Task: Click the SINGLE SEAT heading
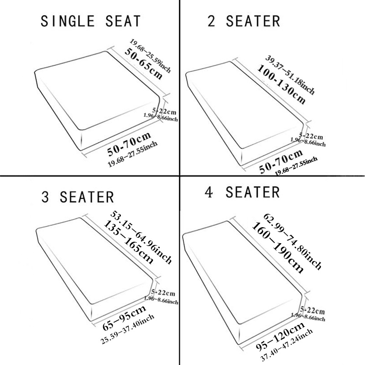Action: pyautogui.click(x=90, y=21)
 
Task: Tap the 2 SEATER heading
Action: pyautogui.click(x=244, y=21)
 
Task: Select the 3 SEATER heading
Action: pyautogui.click(x=78, y=197)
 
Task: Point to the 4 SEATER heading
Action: pyautogui.click(x=242, y=192)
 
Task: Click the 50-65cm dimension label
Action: pyautogui.click(x=143, y=64)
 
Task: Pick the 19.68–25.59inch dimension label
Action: pyautogui.click(x=151, y=56)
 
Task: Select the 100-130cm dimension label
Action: pyautogui.click(x=281, y=84)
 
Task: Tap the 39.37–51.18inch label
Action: pyautogui.click(x=290, y=74)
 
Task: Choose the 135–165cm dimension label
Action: pyautogui.click(x=129, y=242)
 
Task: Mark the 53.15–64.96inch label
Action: pyautogui.click(x=141, y=237)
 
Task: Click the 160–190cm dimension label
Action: pyautogui.click(x=277, y=247)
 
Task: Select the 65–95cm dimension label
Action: pyautogui.click(x=124, y=318)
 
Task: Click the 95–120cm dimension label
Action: pyautogui.click(x=281, y=336)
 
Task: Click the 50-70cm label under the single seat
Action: pyautogui.click(x=129, y=144)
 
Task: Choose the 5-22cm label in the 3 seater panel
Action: pyautogui.click(x=163, y=292)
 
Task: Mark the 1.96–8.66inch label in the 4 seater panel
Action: pyautogui.click(x=308, y=317)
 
